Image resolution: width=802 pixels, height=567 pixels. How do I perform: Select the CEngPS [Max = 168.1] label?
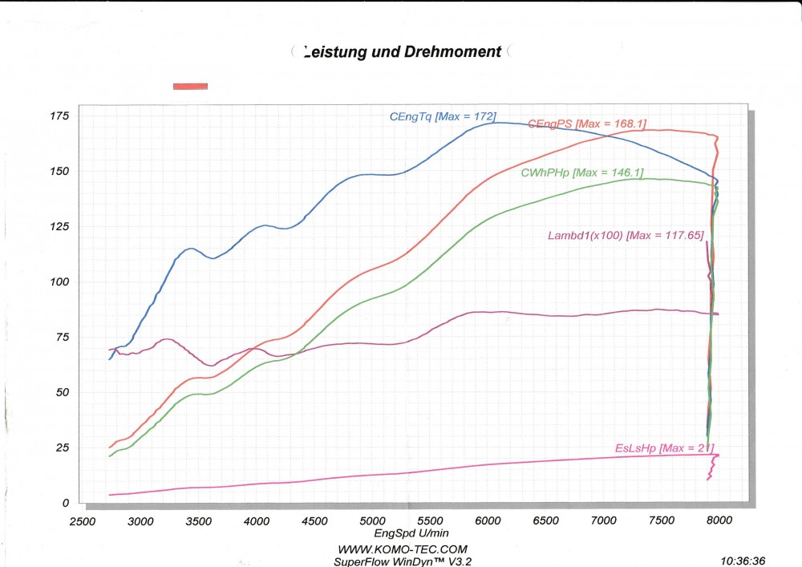(587, 124)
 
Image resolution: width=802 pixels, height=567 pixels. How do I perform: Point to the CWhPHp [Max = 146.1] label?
(582, 172)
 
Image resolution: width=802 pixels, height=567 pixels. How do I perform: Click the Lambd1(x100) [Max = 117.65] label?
(626, 236)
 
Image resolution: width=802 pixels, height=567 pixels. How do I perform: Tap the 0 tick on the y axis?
(66, 503)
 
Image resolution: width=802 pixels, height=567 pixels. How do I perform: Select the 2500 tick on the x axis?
(83, 521)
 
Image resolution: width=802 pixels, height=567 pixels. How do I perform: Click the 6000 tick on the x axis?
(488, 521)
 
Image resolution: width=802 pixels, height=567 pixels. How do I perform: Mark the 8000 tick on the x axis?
(720, 521)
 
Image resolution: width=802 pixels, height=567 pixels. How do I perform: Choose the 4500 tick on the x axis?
(314, 521)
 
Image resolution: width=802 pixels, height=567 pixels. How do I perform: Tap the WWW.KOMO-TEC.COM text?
(402, 549)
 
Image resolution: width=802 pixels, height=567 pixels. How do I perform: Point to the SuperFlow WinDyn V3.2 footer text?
(403, 561)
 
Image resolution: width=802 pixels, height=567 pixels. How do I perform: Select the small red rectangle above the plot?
(190, 86)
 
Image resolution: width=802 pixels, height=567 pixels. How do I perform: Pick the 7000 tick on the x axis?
(604, 521)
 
